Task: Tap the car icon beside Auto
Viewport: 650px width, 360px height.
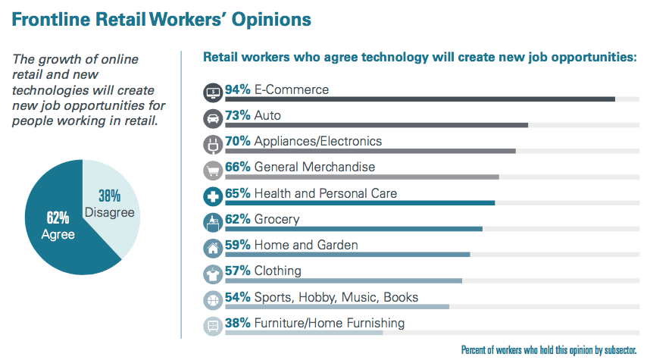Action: coord(213,118)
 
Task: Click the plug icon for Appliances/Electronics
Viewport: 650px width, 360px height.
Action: coord(213,144)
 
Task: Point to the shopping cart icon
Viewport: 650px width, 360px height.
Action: coord(213,170)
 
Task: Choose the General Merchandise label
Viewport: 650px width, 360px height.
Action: coord(314,167)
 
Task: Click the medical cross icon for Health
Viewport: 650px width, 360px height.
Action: coord(213,196)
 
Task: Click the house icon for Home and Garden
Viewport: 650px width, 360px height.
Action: coord(213,248)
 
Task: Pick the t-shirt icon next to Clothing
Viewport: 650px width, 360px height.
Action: coord(213,274)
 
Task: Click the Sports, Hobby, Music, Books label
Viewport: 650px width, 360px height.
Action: coord(336,297)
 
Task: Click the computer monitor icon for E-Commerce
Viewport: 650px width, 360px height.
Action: coord(213,92)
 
